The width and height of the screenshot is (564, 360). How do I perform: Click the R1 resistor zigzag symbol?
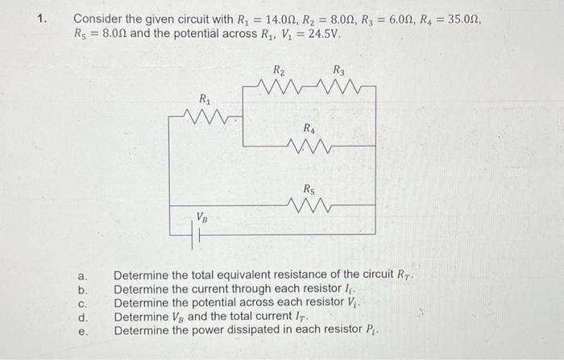point(207,118)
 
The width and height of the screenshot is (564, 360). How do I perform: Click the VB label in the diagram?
point(204,217)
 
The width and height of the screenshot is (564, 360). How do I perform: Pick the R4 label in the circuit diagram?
point(309,128)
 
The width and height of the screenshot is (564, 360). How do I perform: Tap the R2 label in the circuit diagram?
point(279,69)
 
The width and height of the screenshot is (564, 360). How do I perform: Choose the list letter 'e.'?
point(82,331)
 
